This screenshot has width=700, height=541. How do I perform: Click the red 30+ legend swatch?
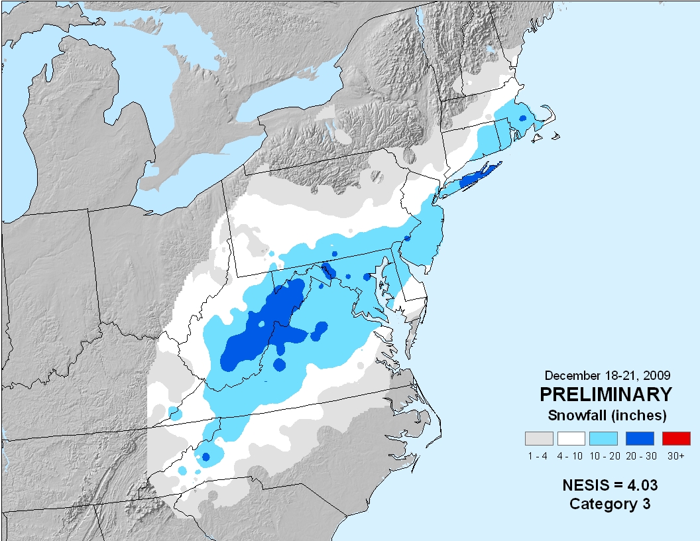[676, 438]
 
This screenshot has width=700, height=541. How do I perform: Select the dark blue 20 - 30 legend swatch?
[640, 438]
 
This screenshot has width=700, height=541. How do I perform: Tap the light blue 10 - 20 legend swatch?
[603, 438]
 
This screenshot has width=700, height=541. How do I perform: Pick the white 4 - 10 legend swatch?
[571, 438]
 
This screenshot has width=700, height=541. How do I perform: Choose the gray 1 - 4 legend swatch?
[539, 438]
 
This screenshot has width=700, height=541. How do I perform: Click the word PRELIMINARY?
[605, 394]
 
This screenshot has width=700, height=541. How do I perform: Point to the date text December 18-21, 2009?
[605, 374]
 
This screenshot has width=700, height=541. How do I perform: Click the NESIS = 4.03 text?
[610, 485]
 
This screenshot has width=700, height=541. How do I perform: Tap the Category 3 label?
[610, 504]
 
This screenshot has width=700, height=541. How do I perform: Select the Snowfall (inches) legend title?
[607, 416]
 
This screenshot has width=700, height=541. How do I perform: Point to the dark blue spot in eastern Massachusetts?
[522, 118]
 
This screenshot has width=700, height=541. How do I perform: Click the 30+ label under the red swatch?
[676, 456]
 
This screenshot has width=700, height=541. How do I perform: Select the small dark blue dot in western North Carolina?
[205, 457]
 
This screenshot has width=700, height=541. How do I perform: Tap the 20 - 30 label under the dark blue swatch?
[640, 456]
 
